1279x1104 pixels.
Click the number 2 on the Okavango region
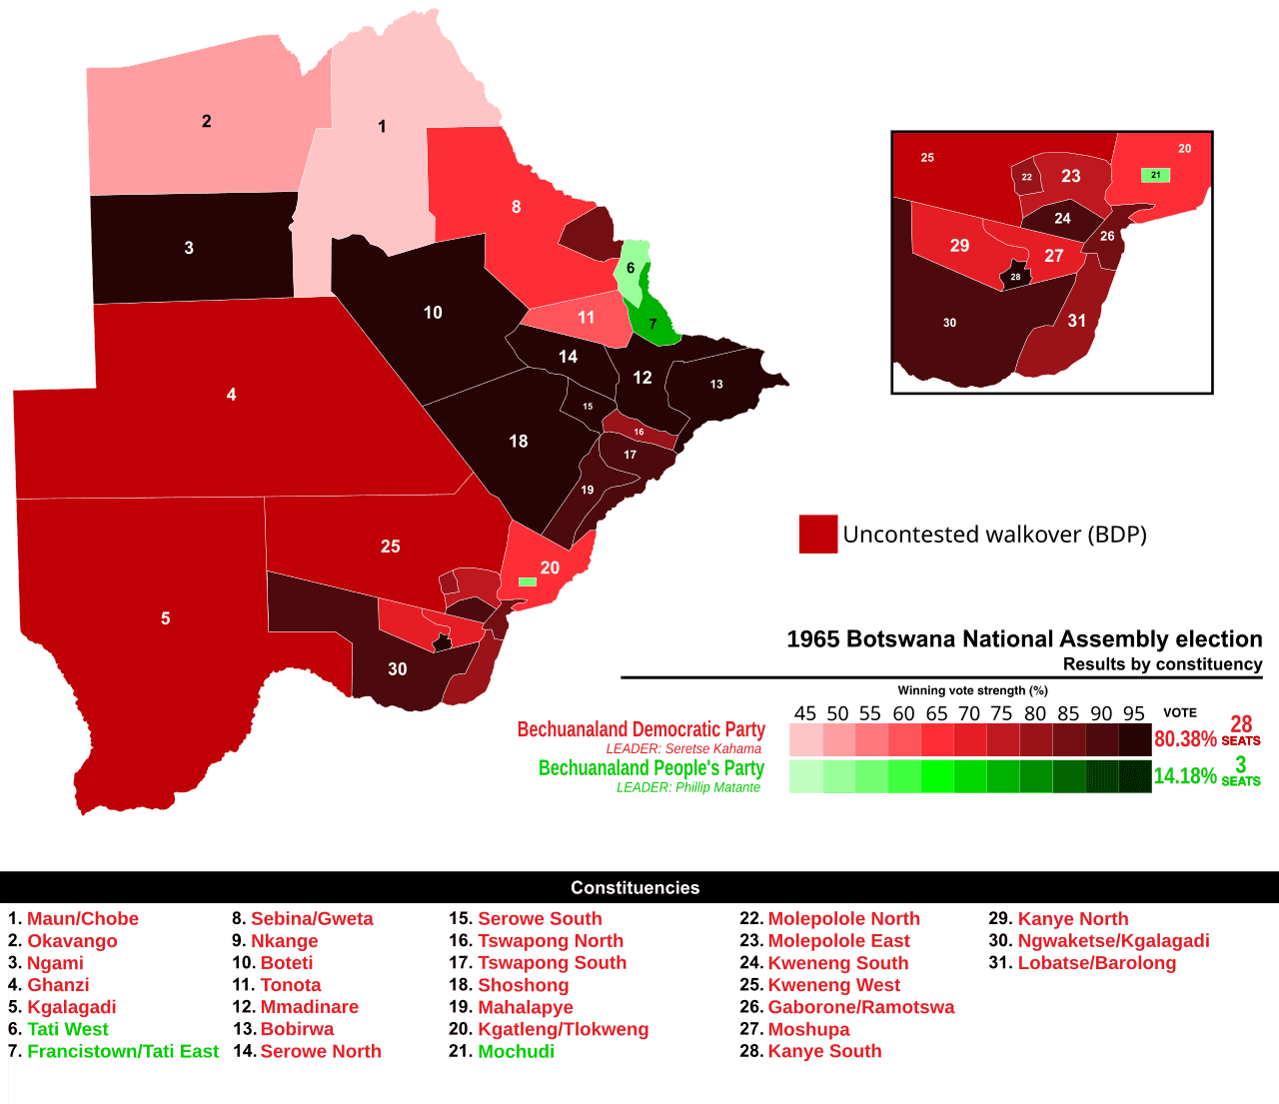coord(207,121)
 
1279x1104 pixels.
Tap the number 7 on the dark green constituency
coord(652,325)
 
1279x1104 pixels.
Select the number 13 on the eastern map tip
coord(716,384)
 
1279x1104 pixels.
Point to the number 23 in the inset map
coord(1070,176)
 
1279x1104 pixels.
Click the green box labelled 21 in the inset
coord(1155,175)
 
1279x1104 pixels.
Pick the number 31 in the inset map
coord(1076,321)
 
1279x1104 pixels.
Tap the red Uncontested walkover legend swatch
coord(817,535)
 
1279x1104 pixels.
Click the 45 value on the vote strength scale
coord(805,713)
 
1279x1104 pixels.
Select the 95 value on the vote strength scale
coord(1133,713)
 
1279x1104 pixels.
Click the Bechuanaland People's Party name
coord(651,767)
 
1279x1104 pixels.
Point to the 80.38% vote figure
coord(1185,739)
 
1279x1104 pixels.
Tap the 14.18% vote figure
coord(1185,776)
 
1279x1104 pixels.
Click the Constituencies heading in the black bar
coord(635,888)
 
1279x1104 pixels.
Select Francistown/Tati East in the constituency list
coord(123,1051)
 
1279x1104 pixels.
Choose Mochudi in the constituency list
coord(516,1051)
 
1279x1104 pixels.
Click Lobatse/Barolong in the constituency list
coord(1096,963)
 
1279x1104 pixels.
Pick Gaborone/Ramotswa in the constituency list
coord(860,1007)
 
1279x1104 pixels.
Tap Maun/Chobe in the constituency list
coord(83,919)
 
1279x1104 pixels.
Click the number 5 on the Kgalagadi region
coord(166,618)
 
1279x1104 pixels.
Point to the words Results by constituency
coord(1162,664)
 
